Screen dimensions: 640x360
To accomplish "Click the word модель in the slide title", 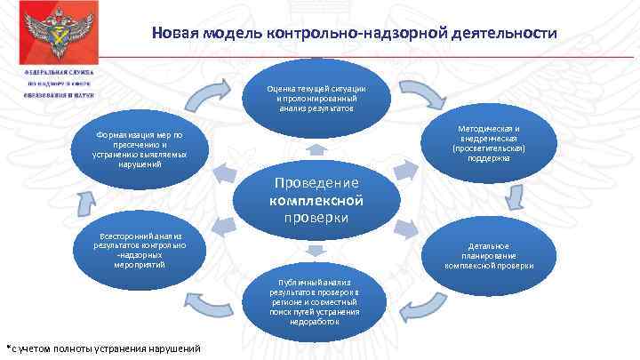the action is (232, 34).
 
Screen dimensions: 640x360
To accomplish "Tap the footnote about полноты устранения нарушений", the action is (103, 348).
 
